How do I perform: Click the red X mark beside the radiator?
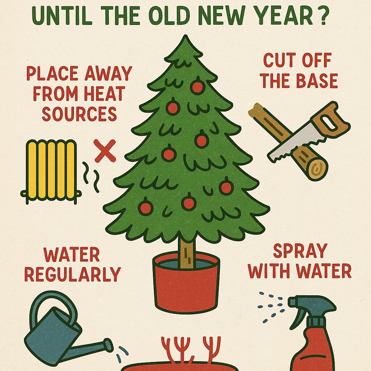(105, 151)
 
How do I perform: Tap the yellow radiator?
(51, 171)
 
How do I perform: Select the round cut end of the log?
(317, 169)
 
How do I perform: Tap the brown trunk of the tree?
(187, 253)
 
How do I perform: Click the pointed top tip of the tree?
(186, 36)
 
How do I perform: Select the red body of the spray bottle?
(312, 350)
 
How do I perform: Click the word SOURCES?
(79, 114)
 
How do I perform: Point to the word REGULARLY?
(72, 274)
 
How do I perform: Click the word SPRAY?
(300, 251)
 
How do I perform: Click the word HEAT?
(105, 93)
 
